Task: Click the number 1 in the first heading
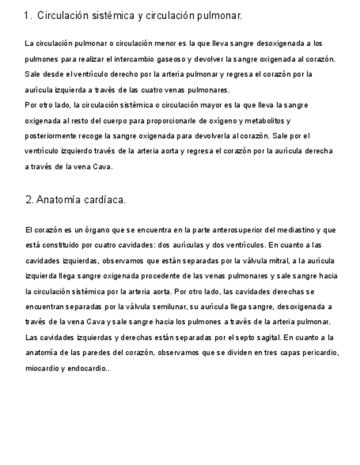[27, 16]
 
